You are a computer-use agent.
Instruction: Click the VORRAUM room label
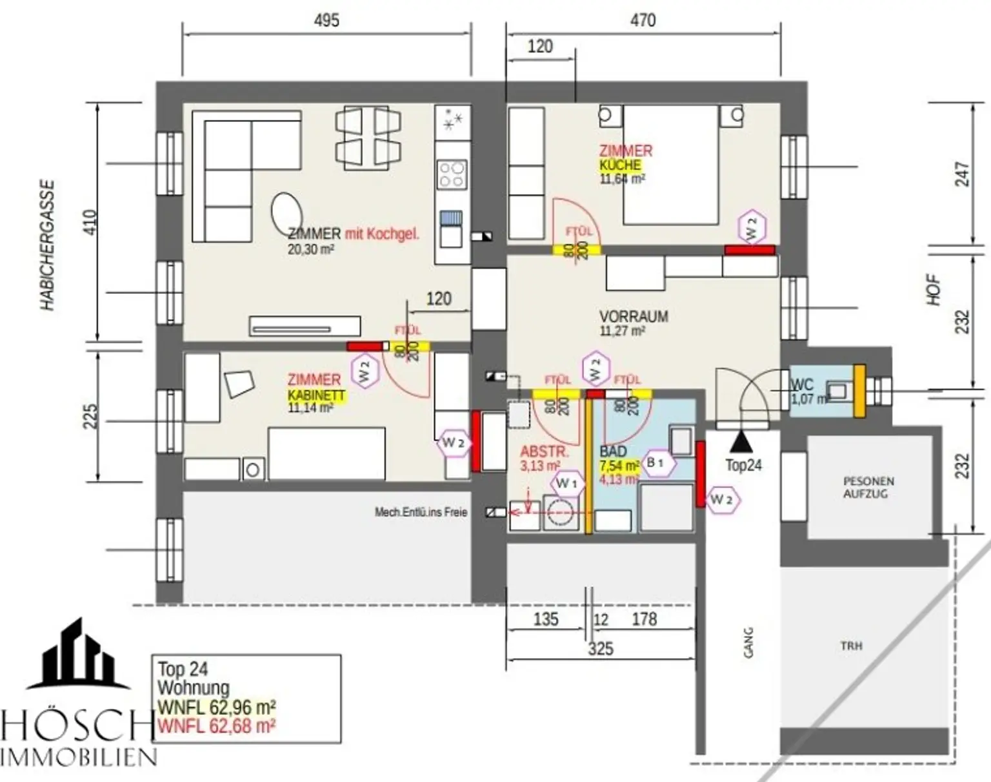(633, 316)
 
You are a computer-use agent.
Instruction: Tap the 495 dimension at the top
(326, 21)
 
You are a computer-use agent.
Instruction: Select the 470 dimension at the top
(643, 21)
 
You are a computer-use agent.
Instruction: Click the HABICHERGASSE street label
(48, 245)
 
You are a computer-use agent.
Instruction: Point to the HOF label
(933, 291)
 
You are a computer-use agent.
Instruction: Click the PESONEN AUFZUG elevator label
(868, 488)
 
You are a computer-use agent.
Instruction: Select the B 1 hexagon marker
(656, 462)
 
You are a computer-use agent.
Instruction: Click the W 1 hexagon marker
(566, 483)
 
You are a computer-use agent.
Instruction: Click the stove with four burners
(452, 174)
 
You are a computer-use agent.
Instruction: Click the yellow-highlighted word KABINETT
(316, 395)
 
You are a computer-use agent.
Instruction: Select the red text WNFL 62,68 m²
(217, 726)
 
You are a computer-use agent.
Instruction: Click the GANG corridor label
(748, 643)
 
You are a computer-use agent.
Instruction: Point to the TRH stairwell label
(851, 646)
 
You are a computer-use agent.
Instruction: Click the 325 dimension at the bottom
(600, 648)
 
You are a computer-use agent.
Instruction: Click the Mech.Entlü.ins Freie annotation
(421, 512)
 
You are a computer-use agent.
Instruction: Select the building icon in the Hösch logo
(77, 653)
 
